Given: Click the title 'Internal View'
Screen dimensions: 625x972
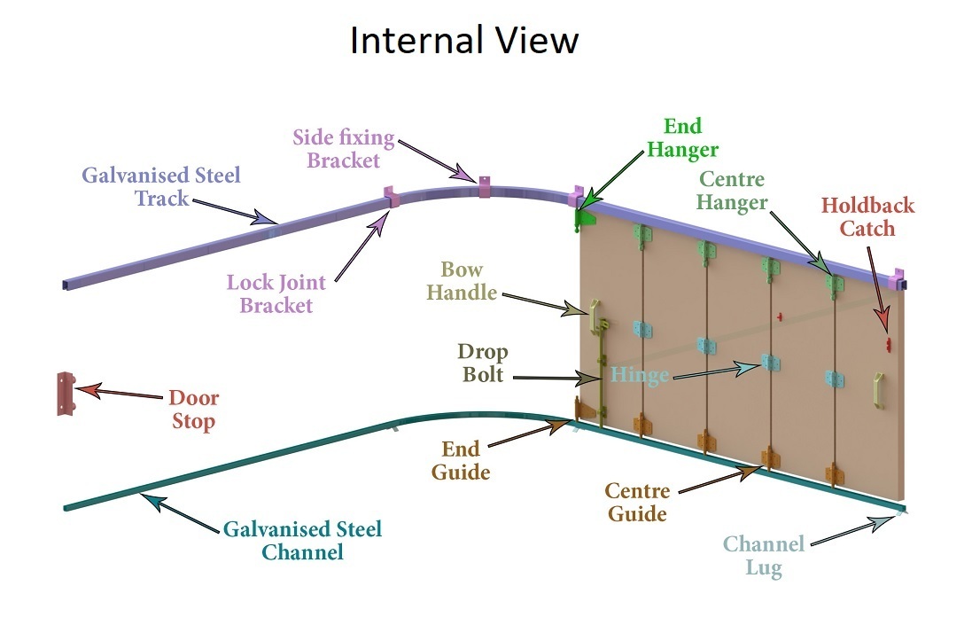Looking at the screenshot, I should (x=464, y=41).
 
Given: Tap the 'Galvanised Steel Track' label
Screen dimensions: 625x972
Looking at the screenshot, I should (x=160, y=186).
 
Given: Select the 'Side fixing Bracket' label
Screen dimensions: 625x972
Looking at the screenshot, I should (x=343, y=149).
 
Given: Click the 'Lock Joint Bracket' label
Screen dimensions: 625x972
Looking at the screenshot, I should (x=276, y=294).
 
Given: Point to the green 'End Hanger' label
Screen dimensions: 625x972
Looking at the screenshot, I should (x=682, y=138).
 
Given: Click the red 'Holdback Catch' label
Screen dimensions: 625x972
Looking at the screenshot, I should (x=867, y=217).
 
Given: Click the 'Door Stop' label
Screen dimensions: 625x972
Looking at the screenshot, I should (x=193, y=410).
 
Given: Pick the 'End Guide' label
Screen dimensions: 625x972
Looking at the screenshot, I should (x=461, y=461).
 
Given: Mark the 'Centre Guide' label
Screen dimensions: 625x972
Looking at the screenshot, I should (x=637, y=502).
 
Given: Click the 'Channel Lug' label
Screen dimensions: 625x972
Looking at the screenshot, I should (x=763, y=556).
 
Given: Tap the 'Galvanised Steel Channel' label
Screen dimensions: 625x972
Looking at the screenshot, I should (x=302, y=541).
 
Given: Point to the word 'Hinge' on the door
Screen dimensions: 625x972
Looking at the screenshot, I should (x=640, y=376).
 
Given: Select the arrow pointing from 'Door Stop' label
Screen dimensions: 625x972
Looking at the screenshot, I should (x=120, y=393).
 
